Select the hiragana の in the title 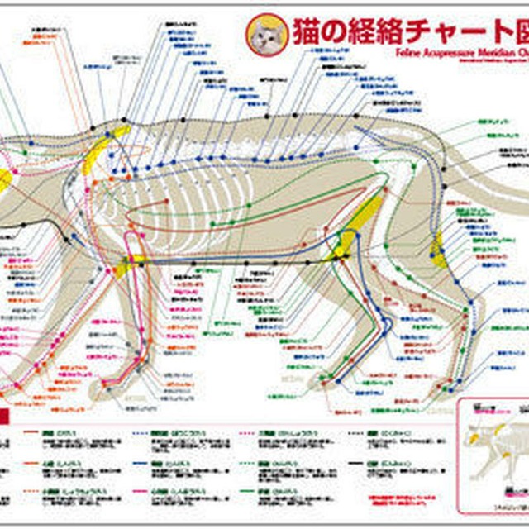(339, 32)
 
